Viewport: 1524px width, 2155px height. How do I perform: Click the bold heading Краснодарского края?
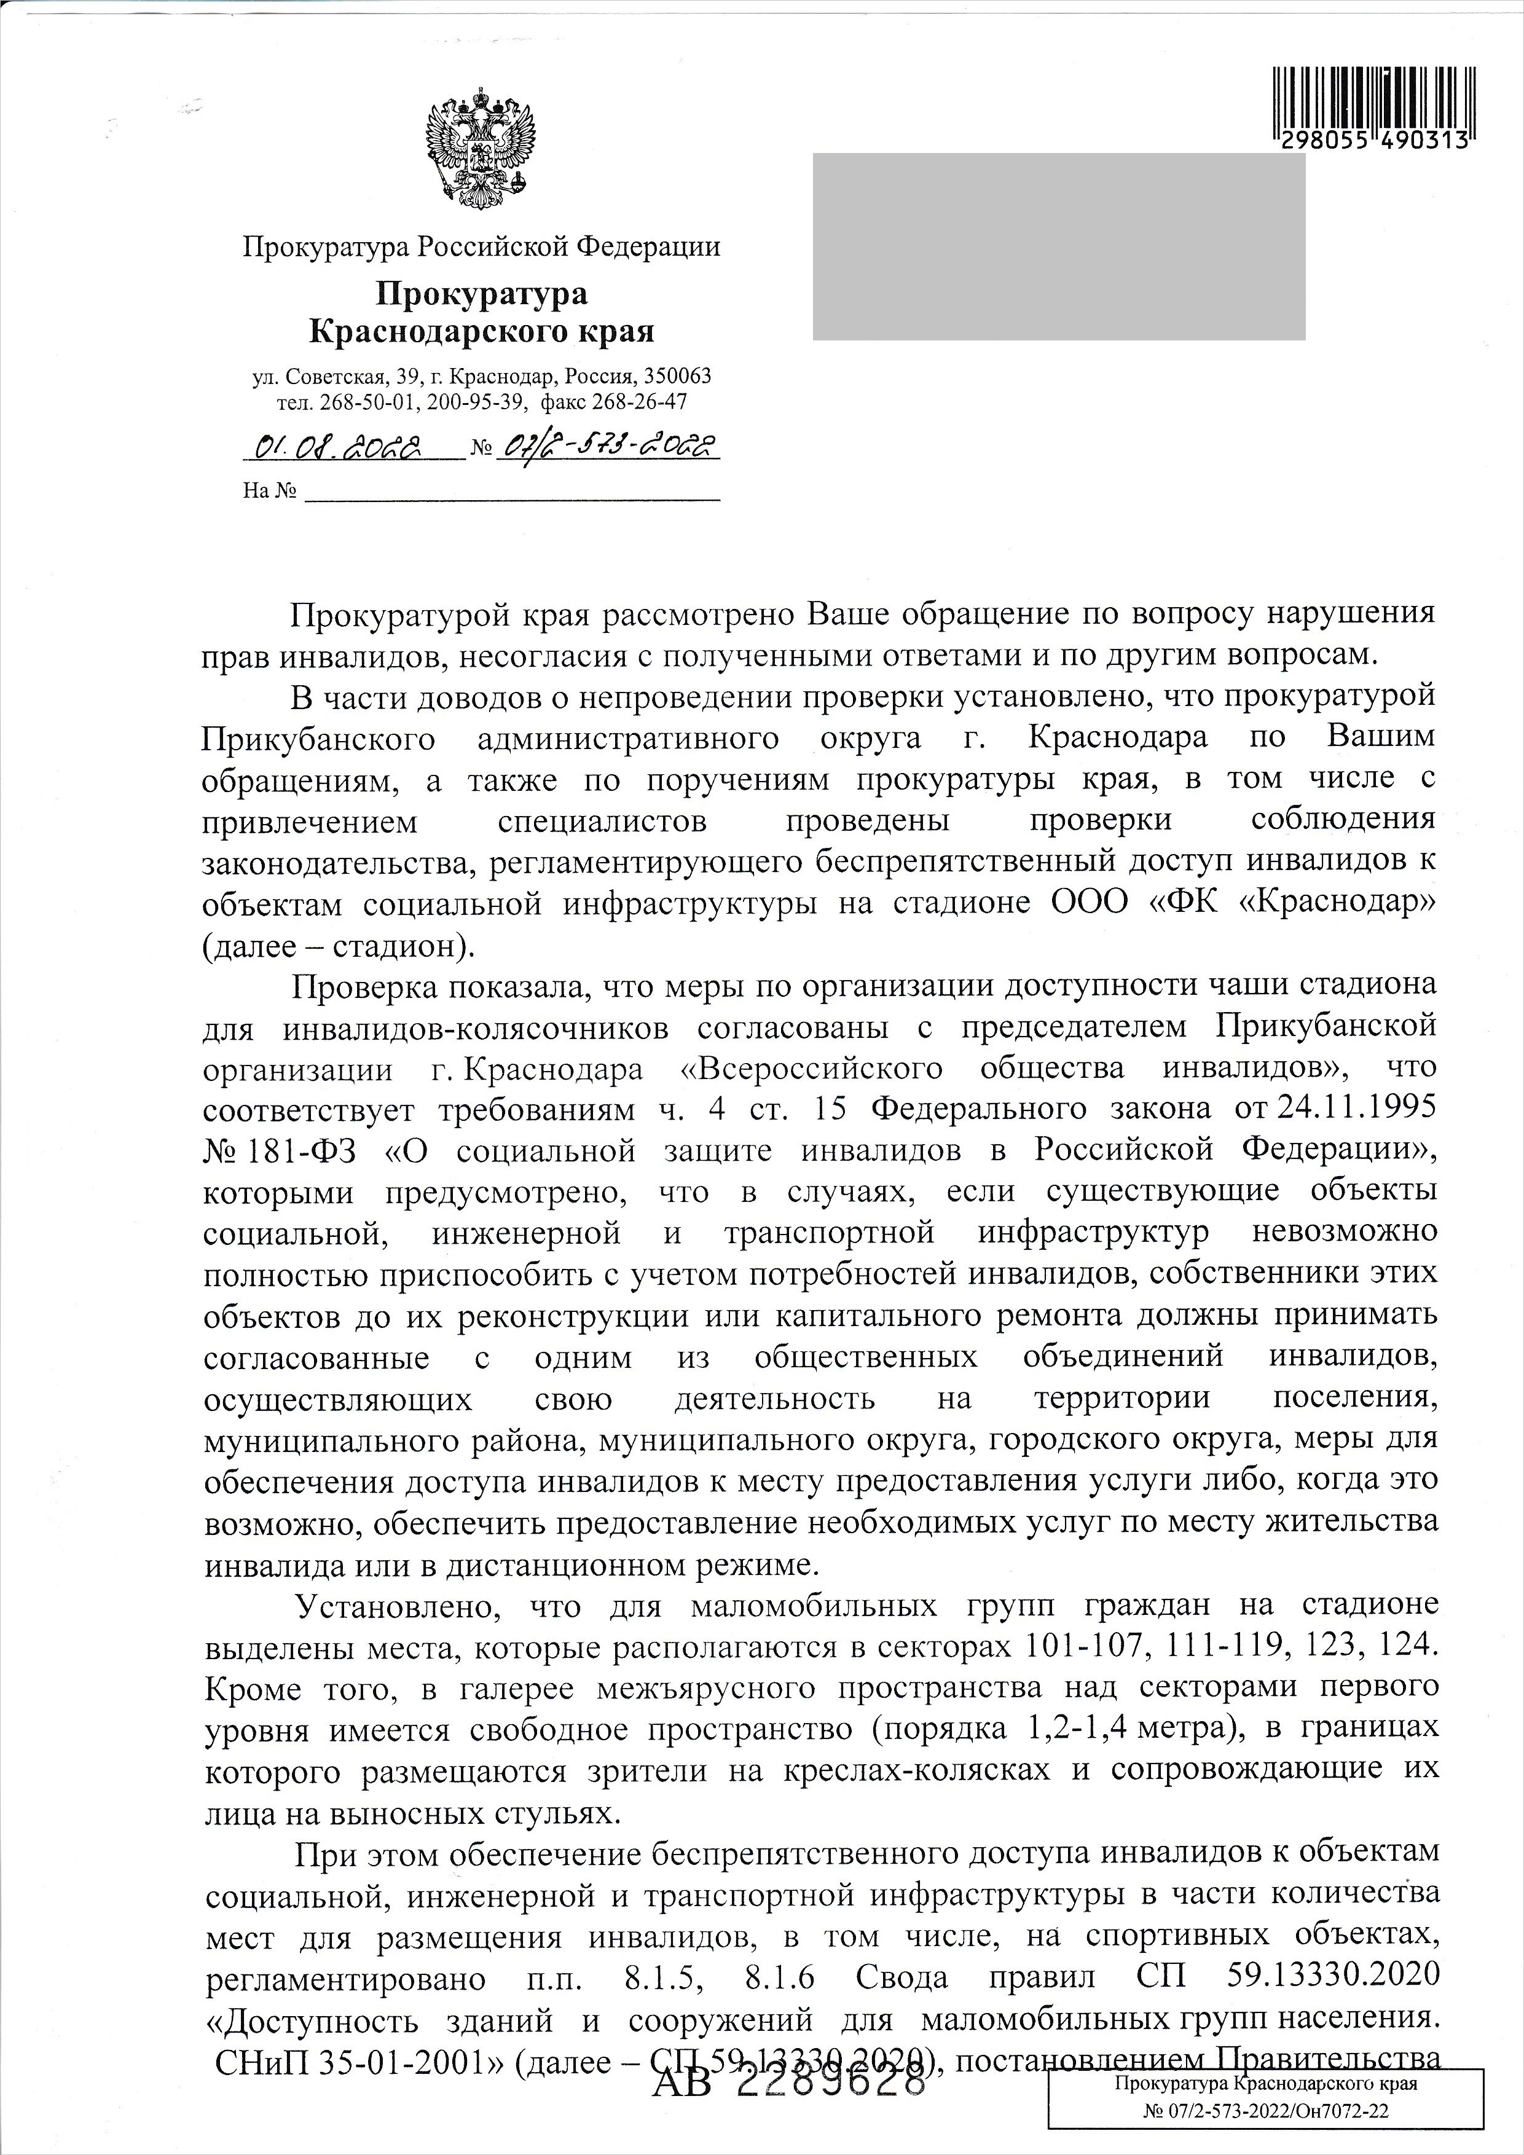(481, 331)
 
